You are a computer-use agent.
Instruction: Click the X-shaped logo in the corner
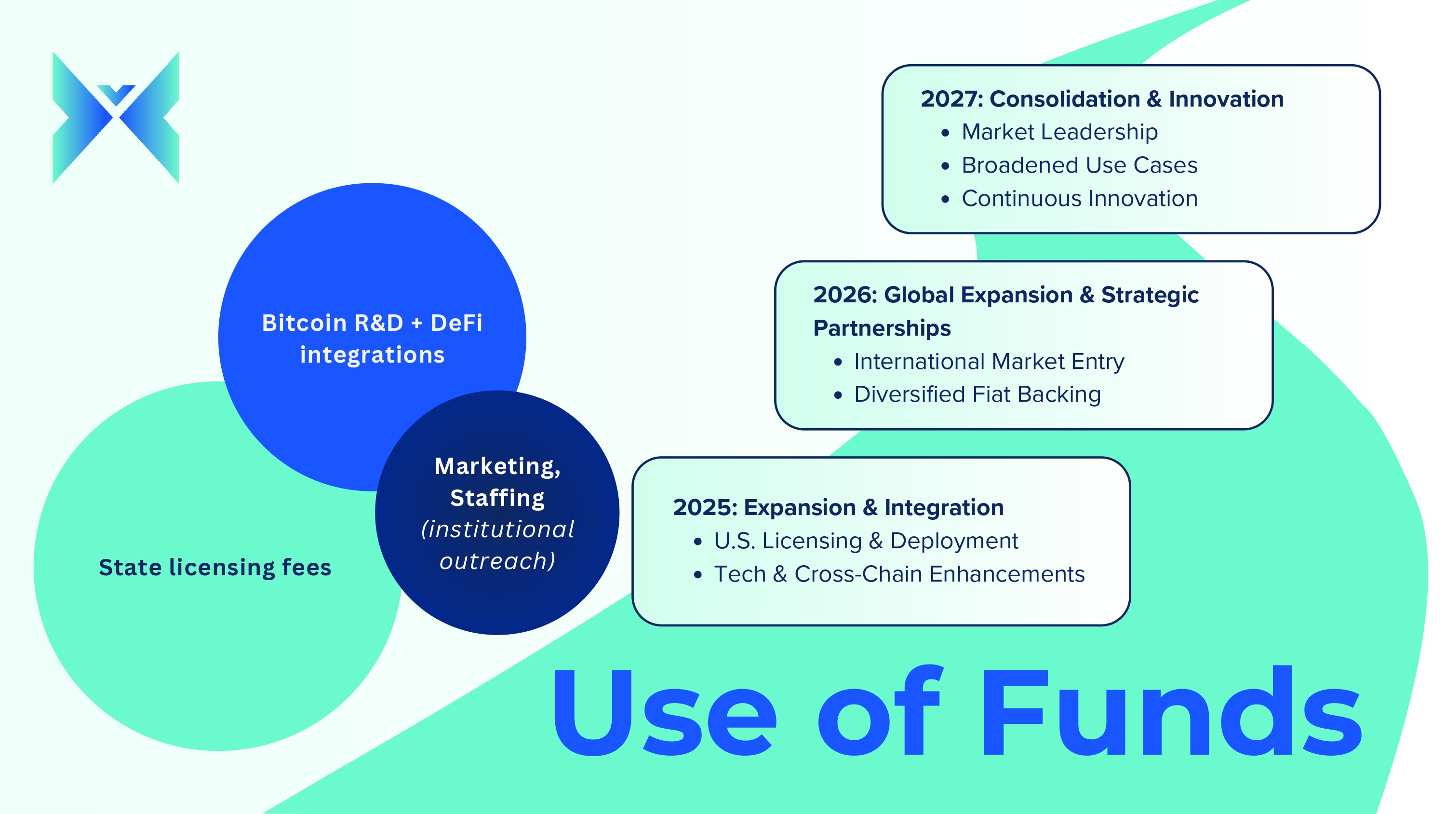pyautogui.click(x=116, y=117)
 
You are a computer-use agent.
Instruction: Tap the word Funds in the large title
pyautogui.click(x=1172, y=711)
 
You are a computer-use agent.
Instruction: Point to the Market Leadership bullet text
pyautogui.click(x=1060, y=132)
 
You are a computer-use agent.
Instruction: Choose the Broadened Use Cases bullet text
pyautogui.click(x=1080, y=165)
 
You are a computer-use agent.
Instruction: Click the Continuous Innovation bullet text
pyautogui.click(x=1080, y=198)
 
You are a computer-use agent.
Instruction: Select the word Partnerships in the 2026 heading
pyautogui.click(x=882, y=328)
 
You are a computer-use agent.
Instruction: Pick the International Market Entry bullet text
pyautogui.click(x=989, y=361)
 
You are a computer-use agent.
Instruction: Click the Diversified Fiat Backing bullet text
pyautogui.click(x=977, y=394)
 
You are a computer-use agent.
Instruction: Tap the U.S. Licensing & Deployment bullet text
pyautogui.click(x=866, y=541)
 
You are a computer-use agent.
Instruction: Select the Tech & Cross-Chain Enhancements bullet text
pyautogui.click(x=899, y=574)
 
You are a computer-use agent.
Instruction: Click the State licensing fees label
pyautogui.click(x=215, y=568)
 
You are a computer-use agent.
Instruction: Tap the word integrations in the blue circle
pyautogui.click(x=372, y=355)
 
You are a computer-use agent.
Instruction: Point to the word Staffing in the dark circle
pyautogui.click(x=497, y=498)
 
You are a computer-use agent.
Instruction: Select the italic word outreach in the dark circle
pyautogui.click(x=497, y=561)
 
